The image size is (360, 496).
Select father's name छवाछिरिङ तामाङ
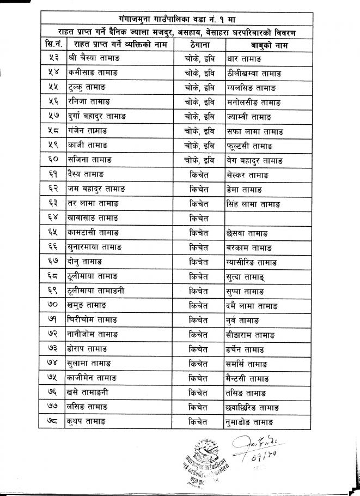(255, 407)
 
